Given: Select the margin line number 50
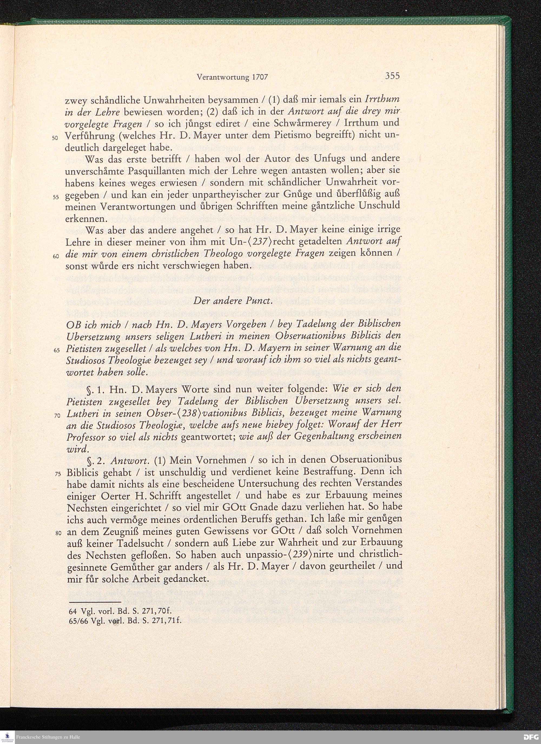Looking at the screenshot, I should pyautogui.click(x=55, y=138).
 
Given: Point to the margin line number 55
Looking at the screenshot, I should pyautogui.click(x=55, y=197).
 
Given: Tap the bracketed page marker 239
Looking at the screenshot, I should pyautogui.click(x=295, y=554).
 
